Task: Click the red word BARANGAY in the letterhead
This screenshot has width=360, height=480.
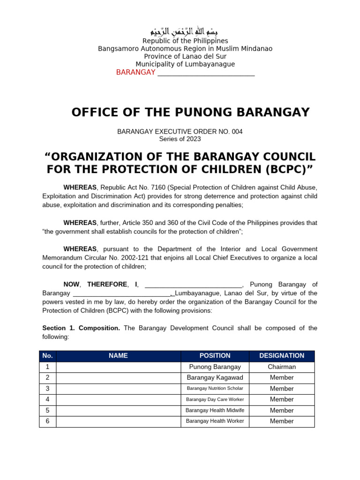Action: pyautogui.click(x=135, y=72)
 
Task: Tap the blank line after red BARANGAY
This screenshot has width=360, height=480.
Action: pyautogui.click(x=206, y=73)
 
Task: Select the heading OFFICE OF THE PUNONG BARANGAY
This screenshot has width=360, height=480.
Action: pyautogui.click(x=190, y=112)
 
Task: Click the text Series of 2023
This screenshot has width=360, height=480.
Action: pyautogui.click(x=180, y=139)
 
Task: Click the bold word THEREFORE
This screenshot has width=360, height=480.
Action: pyautogui.click(x=107, y=284)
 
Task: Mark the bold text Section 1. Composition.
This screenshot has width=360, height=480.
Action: pyautogui.click(x=81, y=328)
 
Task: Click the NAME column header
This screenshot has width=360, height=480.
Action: pyautogui.click(x=118, y=356)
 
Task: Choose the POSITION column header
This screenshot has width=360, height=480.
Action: pyautogui.click(x=215, y=356)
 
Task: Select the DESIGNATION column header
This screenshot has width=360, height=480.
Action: pyautogui.click(x=282, y=356)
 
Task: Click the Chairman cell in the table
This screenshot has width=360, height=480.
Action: pyautogui.click(x=282, y=367)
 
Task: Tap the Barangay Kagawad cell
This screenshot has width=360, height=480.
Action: pyautogui.click(x=215, y=378)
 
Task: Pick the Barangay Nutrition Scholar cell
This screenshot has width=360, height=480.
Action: pyautogui.click(x=215, y=389)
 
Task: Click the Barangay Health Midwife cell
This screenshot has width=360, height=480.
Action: pyautogui.click(x=215, y=410)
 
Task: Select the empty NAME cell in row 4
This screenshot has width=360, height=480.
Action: pyautogui.click(x=118, y=399)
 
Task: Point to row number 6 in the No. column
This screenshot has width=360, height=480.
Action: pyautogui.click(x=47, y=421)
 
